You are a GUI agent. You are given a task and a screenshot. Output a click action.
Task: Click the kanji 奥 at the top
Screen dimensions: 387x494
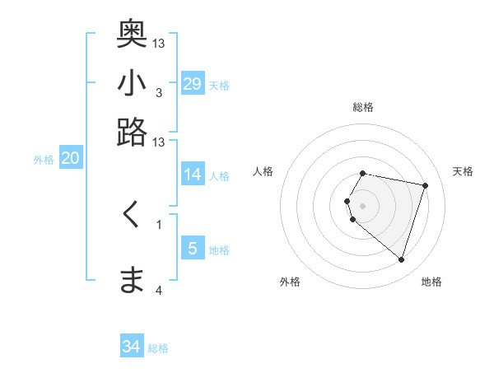coord(132,34)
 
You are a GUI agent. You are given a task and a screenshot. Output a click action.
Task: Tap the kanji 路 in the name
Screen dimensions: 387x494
coord(132,132)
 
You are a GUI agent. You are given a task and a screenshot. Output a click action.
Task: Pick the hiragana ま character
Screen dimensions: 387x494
coord(132,280)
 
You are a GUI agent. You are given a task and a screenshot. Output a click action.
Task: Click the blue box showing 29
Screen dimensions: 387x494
coord(193,84)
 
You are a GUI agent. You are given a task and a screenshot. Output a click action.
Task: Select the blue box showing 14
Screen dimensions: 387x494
coord(193,175)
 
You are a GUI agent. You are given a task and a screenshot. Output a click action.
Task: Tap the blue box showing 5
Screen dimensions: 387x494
coord(193,249)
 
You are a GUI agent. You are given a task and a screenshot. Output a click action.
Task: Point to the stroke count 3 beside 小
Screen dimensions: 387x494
coord(158,92)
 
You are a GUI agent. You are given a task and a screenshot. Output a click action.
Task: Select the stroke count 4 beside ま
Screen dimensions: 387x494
coord(158,290)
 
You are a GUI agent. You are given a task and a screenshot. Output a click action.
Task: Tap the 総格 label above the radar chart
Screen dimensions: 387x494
coord(362,107)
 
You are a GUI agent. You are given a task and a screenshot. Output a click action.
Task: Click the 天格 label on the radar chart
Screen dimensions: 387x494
coord(463,171)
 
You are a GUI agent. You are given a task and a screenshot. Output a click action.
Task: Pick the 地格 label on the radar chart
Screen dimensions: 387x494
coord(431,282)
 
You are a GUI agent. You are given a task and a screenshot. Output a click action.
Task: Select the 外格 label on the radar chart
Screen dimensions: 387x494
coord(290,282)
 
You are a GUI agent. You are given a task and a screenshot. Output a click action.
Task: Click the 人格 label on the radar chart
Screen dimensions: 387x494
coord(263,171)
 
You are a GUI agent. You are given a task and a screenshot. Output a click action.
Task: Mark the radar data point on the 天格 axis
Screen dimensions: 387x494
coord(425,186)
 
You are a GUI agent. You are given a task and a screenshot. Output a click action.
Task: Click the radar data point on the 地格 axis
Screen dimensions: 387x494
coord(401,260)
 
